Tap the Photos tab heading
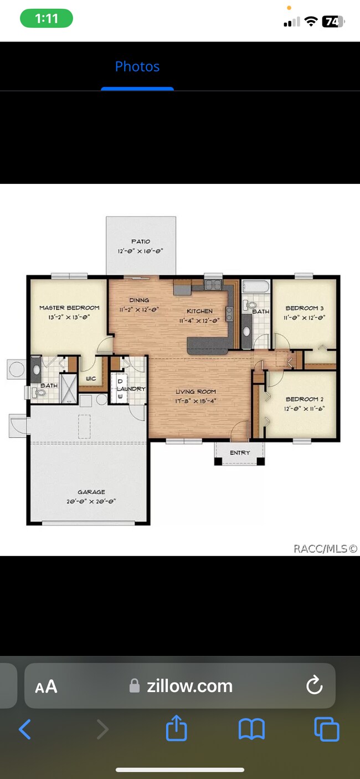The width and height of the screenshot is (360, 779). pos(137,66)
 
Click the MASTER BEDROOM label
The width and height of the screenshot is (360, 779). pos(69,308)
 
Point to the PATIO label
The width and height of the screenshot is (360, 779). pos(141,241)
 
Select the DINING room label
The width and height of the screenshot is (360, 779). pos(139,300)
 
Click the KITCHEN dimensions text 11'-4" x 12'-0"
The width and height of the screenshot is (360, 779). pos(199,321)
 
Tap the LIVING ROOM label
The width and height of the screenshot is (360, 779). pos(196,391)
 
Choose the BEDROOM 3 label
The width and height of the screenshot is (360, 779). pos(305,308)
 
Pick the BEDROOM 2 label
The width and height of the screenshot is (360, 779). pos(305,399)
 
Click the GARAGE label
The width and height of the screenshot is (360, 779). pos(91,492)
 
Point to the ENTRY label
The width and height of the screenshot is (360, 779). pos(240,453)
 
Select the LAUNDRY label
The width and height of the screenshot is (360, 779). pos(131,389)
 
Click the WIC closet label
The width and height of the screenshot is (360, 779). pos(91,379)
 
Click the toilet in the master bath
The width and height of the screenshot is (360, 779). pos(39,393)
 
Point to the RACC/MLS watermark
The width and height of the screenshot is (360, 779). pos(325,549)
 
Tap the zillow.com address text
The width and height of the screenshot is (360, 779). pos(189,686)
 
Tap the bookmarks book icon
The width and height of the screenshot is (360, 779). pos(251,729)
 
